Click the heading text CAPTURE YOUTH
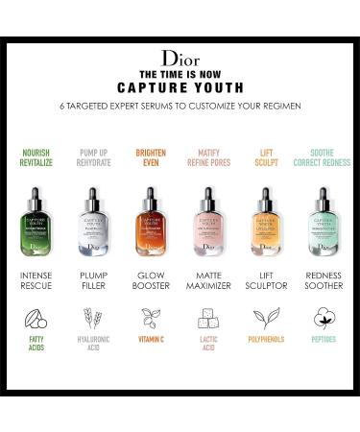click(x=180, y=84)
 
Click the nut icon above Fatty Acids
click(x=37, y=345)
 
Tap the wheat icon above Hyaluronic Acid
click(x=93, y=345)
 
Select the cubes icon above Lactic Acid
click(x=208, y=345)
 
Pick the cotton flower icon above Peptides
click(x=324, y=345)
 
